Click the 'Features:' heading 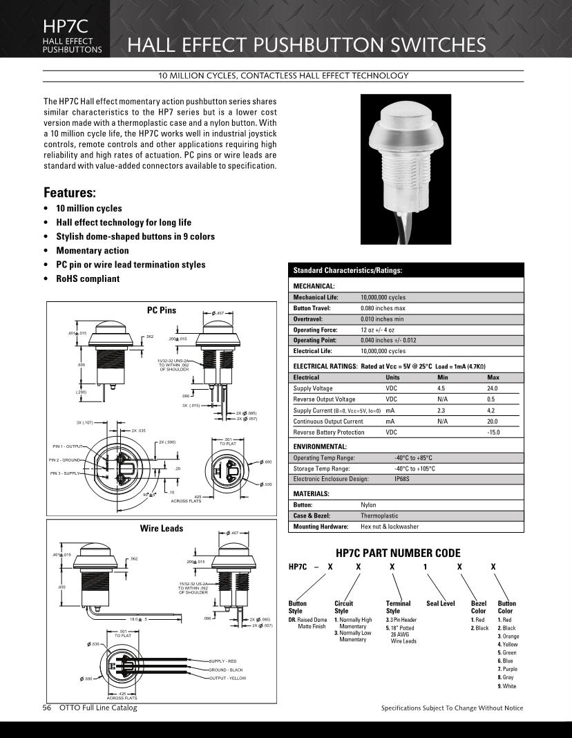pos(70,192)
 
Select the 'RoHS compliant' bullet pos(88,279)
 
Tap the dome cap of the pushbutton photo pos(401,120)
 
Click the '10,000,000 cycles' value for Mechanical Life pos(383,297)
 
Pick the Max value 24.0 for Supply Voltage pos(492,388)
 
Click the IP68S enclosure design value pos(404,479)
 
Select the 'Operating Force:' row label pos(316,330)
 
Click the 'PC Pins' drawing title pos(161,311)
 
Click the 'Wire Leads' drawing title pos(161,529)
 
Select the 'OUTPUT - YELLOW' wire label pos(228,679)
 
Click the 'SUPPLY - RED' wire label pos(225,662)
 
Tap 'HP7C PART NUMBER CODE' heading pos(397,553)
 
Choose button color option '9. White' pos(507,686)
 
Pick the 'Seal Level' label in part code pos(441,603)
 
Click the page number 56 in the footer pos(48,708)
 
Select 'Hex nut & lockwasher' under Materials pos(389,527)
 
